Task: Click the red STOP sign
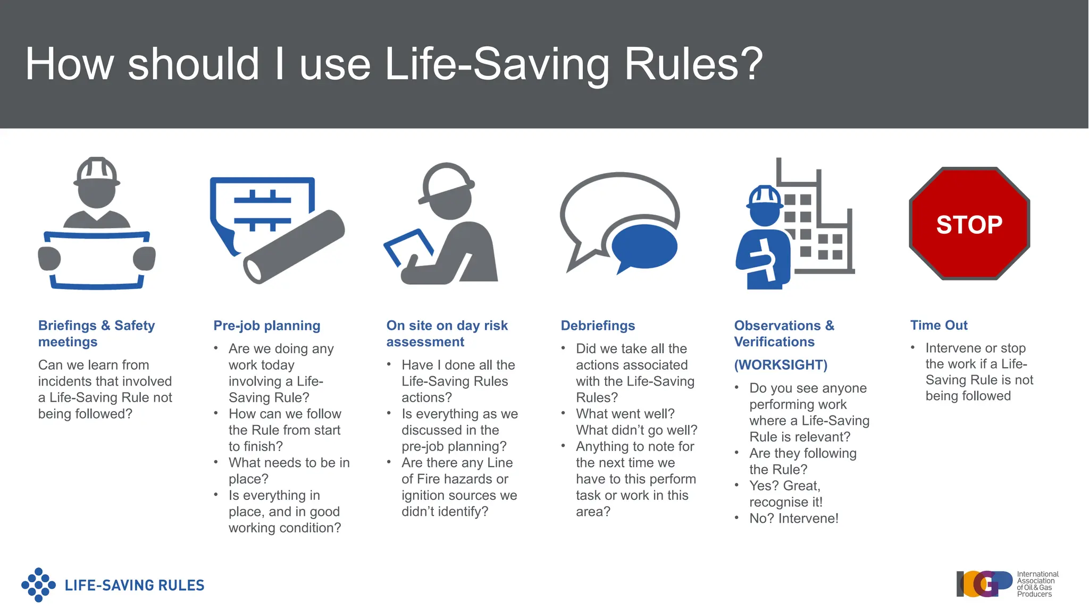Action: point(969,224)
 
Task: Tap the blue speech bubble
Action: point(644,246)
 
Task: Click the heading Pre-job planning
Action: point(267,326)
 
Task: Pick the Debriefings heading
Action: point(598,326)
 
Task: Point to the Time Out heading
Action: point(939,325)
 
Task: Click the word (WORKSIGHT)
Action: point(781,365)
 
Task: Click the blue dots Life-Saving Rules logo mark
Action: point(38,585)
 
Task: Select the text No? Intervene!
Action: point(793,518)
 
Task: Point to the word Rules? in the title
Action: point(693,64)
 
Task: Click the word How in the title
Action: point(69,64)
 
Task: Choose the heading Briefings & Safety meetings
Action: point(96,334)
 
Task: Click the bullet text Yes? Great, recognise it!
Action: point(785,494)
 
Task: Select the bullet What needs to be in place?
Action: point(289,471)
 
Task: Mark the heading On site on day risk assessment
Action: point(447,334)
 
